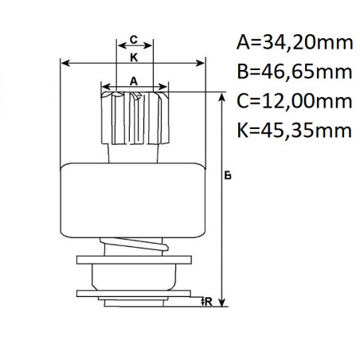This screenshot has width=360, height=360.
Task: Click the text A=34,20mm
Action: click(294, 41)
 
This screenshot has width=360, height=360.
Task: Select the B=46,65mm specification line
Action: click(294, 72)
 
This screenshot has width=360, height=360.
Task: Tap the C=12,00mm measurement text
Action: click(294, 101)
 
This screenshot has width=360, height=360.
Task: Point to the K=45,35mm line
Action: click(294, 131)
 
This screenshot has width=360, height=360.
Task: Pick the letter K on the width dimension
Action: click(134, 58)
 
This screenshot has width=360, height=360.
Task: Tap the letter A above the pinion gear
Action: click(134, 80)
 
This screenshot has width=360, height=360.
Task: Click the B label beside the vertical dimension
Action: click(228, 177)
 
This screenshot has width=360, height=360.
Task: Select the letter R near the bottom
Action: click(207, 301)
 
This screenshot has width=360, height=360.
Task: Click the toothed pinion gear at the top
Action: click(134, 118)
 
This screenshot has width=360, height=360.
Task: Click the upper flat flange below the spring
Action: click(134, 260)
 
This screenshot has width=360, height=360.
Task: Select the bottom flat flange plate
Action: click(134, 300)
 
